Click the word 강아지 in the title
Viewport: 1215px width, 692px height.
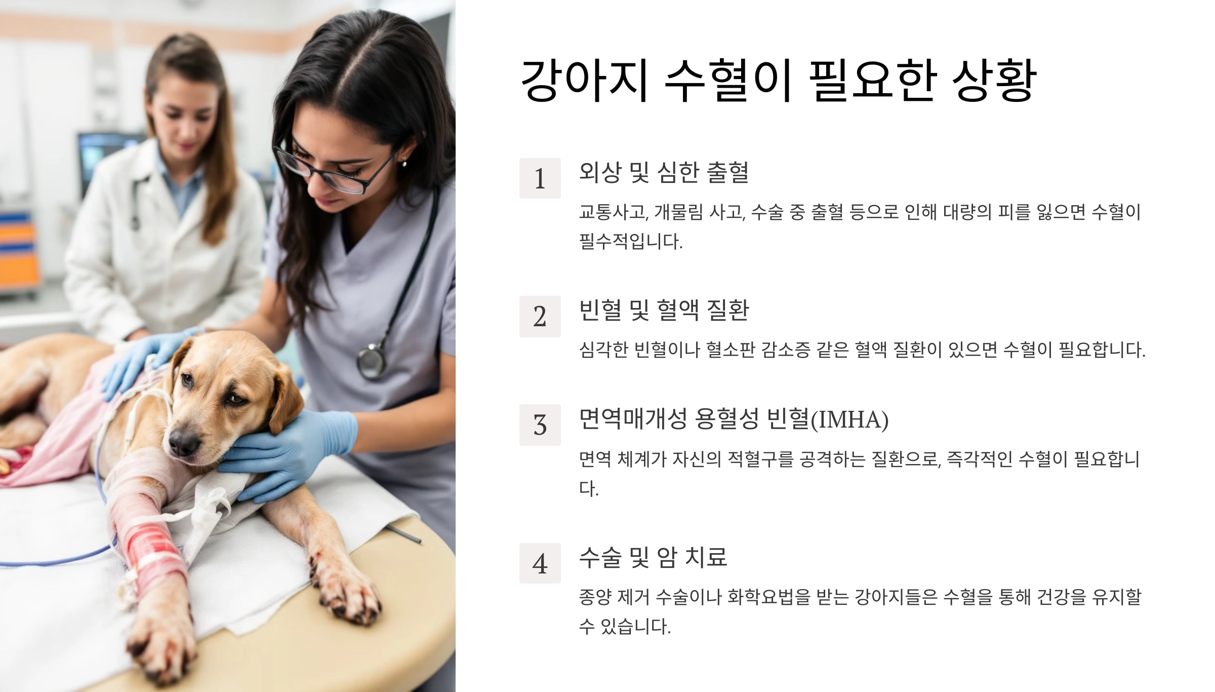point(585,80)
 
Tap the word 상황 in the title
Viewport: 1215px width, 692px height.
point(994,80)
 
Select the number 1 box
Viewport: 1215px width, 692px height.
point(540,178)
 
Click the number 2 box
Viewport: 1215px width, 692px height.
point(540,317)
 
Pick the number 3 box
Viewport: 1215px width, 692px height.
point(540,425)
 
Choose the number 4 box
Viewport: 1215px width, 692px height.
point(540,563)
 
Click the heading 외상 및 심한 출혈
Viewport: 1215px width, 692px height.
point(664,172)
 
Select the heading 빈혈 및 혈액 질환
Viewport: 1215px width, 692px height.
point(664,310)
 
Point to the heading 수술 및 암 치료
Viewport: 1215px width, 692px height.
point(653,557)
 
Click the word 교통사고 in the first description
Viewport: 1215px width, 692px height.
point(613,212)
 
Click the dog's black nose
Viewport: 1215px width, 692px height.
point(184,442)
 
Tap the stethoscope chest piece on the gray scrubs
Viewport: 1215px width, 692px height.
point(371,361)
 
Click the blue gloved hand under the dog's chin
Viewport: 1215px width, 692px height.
point(291,451)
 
